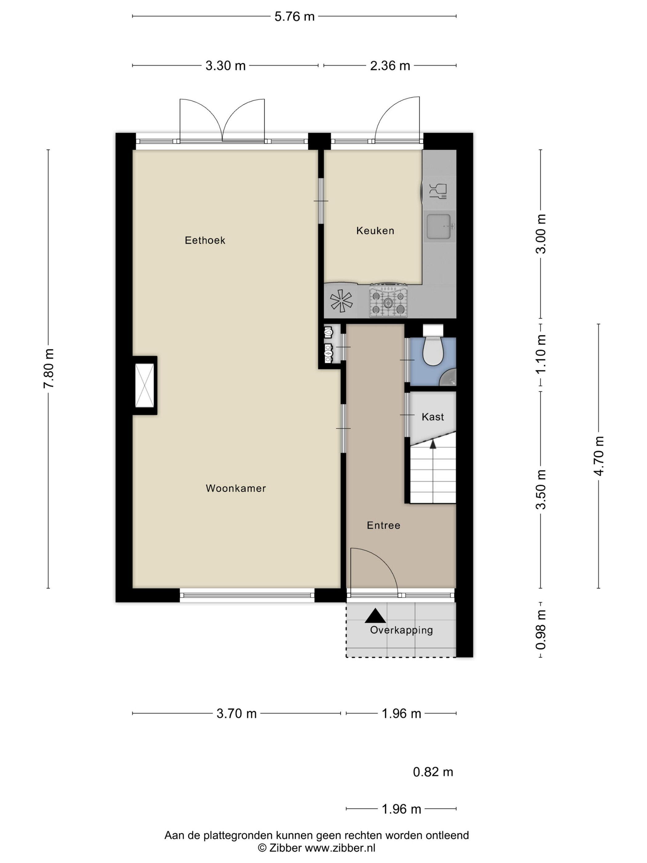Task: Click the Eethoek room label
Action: pyautogui.click(x=205, y=240)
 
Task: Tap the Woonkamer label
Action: pyautogui.click(x=236, y=488)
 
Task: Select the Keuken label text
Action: pyautogui.click(x=375, y=231)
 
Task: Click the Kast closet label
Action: pyautogui.click(x=433, y=417)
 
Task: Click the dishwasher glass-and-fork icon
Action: pyautogui.click(x=437, y=191)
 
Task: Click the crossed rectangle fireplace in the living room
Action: pyautogui.click(x=145, y=385)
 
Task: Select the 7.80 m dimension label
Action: pyautogui.click(x=48, y=368)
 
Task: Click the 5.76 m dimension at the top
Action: pyautogui.click(x=295, y=17)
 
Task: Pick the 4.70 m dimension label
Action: pyautogui.click(x=599, y=456)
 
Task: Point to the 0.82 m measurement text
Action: pyautogui.click(x=433, y=772)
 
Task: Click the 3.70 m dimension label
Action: pyautogui.click(x=237, y=714)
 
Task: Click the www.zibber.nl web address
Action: pyautogui.click(x=340, y=847)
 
